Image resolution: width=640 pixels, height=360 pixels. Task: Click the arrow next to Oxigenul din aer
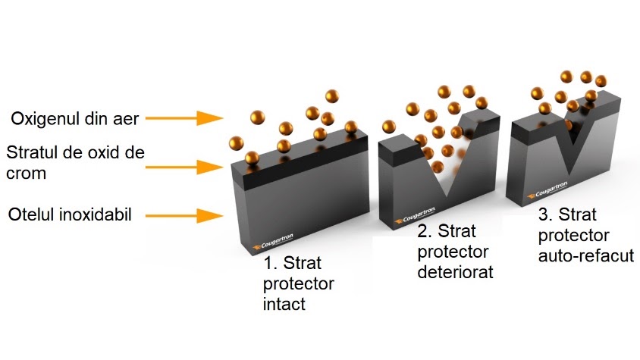point(181,118)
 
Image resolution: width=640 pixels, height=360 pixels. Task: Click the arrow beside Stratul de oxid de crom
point(181,164)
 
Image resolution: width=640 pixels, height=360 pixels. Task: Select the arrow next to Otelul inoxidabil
point(181,216)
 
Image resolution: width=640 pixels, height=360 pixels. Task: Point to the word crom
point(25,174)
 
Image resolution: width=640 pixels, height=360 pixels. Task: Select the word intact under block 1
point(284,305)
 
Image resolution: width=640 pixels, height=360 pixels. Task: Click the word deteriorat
point(455,271)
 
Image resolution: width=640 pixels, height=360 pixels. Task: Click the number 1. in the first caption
point(271,264)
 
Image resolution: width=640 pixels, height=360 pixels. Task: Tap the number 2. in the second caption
point(425,230)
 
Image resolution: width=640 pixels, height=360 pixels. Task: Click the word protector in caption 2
point(453,251)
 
